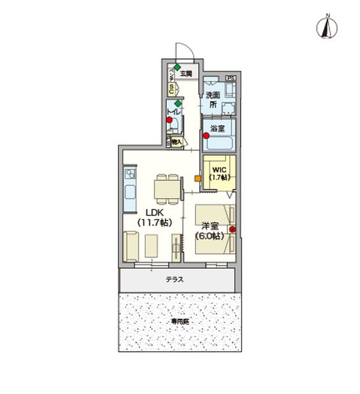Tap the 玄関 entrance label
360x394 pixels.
coord(186,73)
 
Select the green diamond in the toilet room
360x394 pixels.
coord(177,103)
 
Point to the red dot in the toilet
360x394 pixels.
coord(169,120)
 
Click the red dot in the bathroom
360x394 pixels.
coord(206,136)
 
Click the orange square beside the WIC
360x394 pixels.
coord(197,178)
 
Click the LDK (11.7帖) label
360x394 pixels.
coord(154,217)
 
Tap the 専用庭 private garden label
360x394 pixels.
coord(179,322)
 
